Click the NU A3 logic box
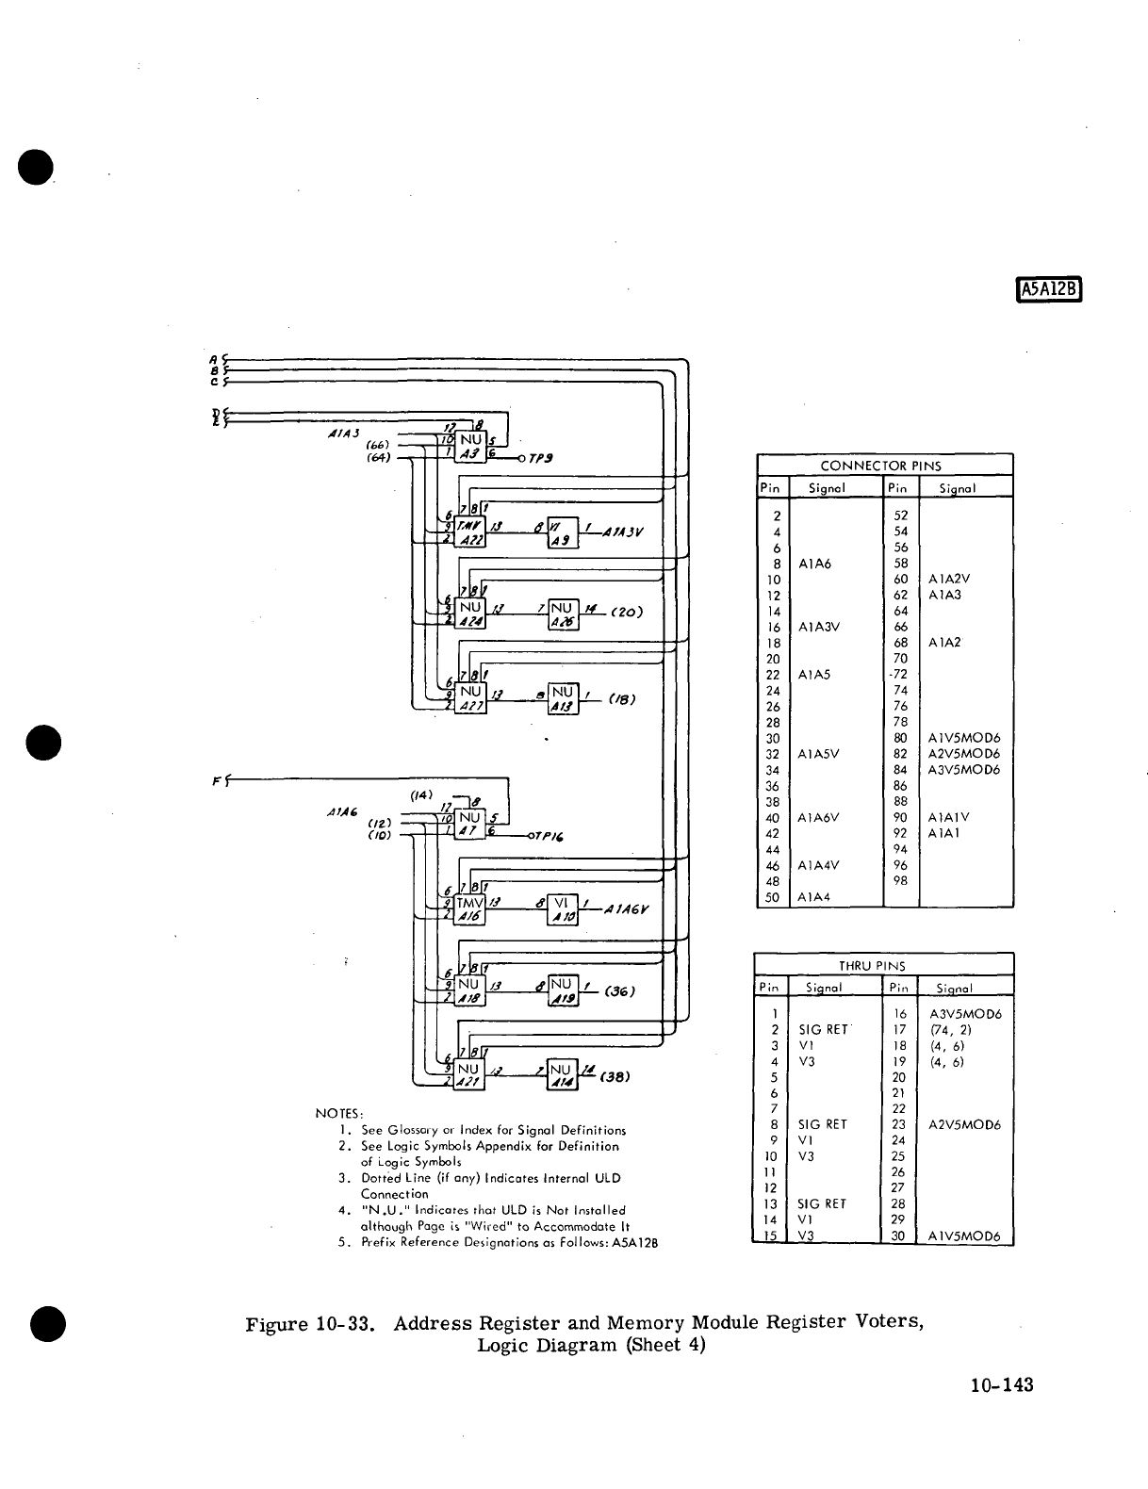470,447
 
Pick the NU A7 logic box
470,824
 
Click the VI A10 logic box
563,909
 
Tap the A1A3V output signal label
619,531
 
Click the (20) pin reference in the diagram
627,611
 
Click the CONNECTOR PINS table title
880,466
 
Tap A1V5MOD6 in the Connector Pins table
964,738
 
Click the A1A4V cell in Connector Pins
818,864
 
